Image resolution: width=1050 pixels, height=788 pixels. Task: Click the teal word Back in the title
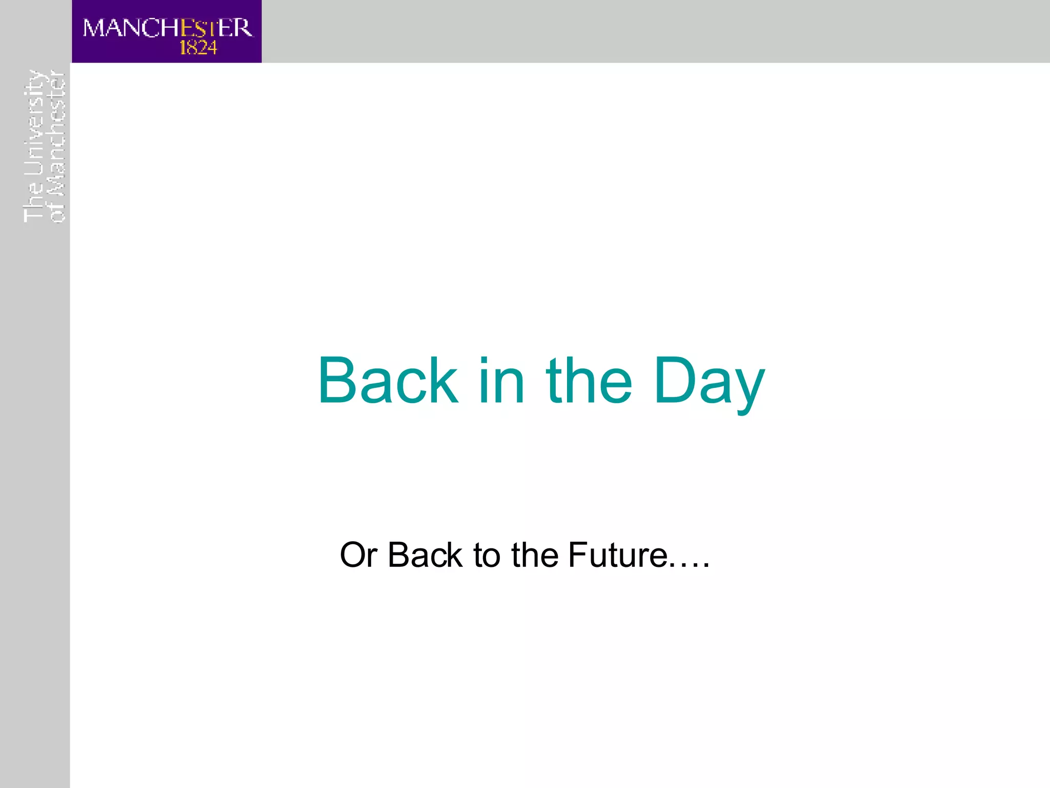[388, 381]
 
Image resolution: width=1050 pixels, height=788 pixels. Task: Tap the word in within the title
[501, 381]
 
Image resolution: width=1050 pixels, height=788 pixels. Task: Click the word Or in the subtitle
[358, 556]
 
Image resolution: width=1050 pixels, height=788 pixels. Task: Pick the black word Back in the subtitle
[425, 556]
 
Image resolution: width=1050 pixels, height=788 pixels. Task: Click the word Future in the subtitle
[618, 556]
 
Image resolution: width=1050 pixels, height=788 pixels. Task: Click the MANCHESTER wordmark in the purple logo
[168, 28]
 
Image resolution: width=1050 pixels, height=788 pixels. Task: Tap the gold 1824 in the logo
[198, 48]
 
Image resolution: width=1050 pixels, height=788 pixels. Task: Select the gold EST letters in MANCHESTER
[198, 28]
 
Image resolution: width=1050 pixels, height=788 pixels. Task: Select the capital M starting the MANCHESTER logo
[94, 28]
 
